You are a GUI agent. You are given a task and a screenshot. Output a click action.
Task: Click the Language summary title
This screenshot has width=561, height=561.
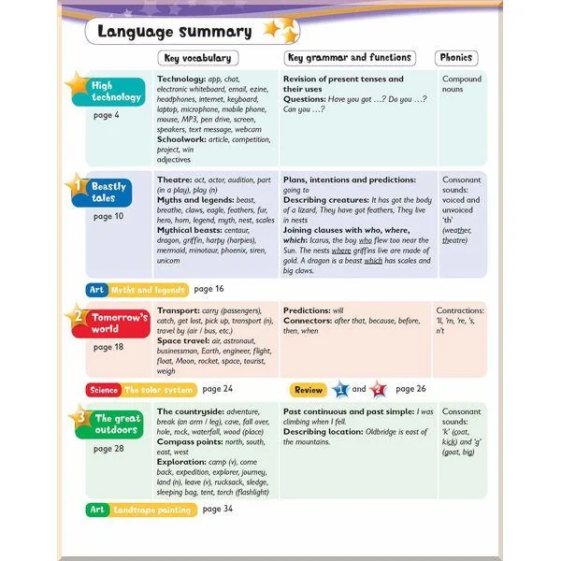pos(175,32)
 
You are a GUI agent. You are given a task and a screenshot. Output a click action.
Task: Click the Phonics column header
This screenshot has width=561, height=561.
pos(456,58)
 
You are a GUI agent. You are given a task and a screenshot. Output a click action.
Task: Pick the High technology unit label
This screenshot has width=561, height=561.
pos(115,91)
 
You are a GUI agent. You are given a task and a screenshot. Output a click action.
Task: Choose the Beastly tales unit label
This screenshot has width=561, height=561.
pos(109,193)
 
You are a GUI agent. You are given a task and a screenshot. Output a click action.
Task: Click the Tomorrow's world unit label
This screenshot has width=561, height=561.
pos(119,324)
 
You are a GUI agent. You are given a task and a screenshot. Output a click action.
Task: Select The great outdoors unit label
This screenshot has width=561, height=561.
pos(117,424)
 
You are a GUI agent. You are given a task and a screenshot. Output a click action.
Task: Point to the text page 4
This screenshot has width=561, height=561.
pos(106,115)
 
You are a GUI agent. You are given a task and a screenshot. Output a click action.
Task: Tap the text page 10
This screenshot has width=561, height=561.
pos(108,216)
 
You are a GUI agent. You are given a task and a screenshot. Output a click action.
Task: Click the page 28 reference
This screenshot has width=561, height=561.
pos(108,449)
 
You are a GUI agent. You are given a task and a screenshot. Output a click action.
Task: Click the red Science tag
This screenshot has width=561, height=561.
pos(104,389)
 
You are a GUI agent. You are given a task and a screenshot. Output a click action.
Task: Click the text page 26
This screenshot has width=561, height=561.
pos(410,389)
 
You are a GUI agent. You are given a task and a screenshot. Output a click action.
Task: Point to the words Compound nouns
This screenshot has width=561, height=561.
pos(461,84)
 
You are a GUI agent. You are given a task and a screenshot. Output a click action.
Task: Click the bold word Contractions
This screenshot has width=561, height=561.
pos(460,310)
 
